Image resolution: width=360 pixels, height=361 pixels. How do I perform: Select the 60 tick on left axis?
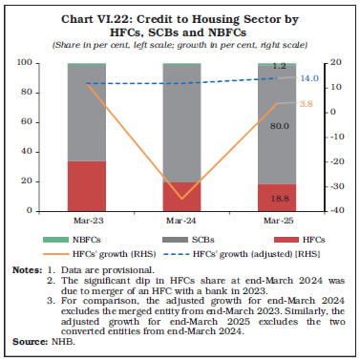49,121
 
